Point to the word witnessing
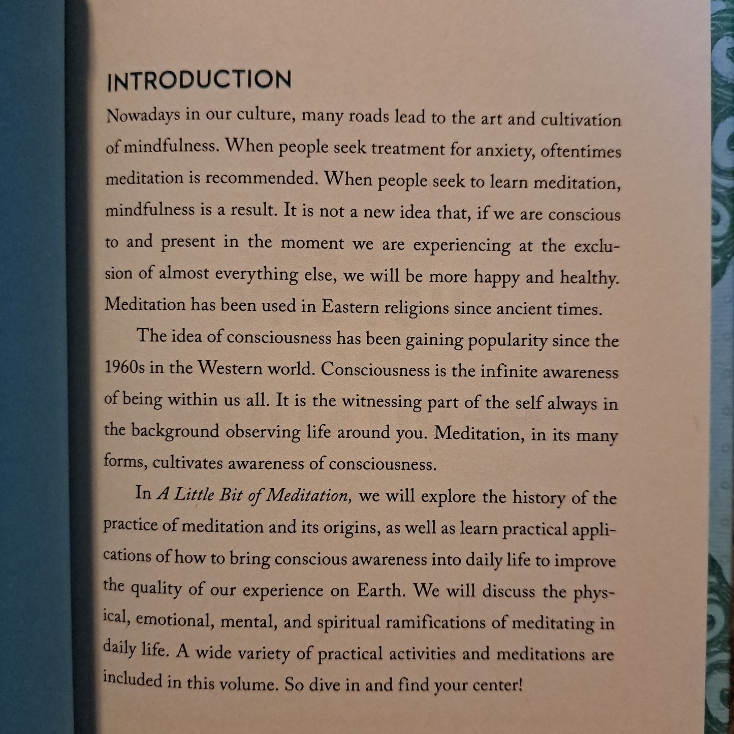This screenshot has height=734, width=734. (381, 401)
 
